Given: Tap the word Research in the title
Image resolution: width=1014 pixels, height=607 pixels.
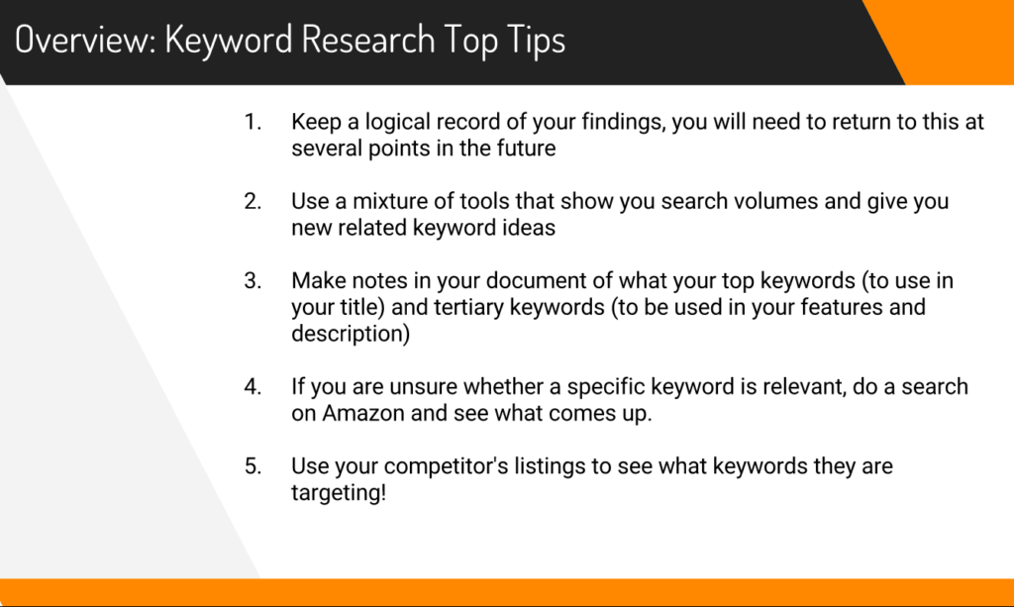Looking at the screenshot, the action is [368, 39].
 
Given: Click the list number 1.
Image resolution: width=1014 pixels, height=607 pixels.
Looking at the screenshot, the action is [253, 122].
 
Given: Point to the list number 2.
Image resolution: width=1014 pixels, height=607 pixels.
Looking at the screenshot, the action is [253, 201].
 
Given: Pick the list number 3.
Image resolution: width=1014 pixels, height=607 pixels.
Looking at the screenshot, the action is [253, 280].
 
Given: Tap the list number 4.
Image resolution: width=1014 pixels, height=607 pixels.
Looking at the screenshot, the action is [253, 386].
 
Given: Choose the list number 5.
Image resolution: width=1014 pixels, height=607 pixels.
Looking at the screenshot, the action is [253, 466].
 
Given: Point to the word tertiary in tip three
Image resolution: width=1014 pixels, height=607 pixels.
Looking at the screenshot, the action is [468, 308].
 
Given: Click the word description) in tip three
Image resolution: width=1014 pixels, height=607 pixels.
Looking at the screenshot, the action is [351, 335].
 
